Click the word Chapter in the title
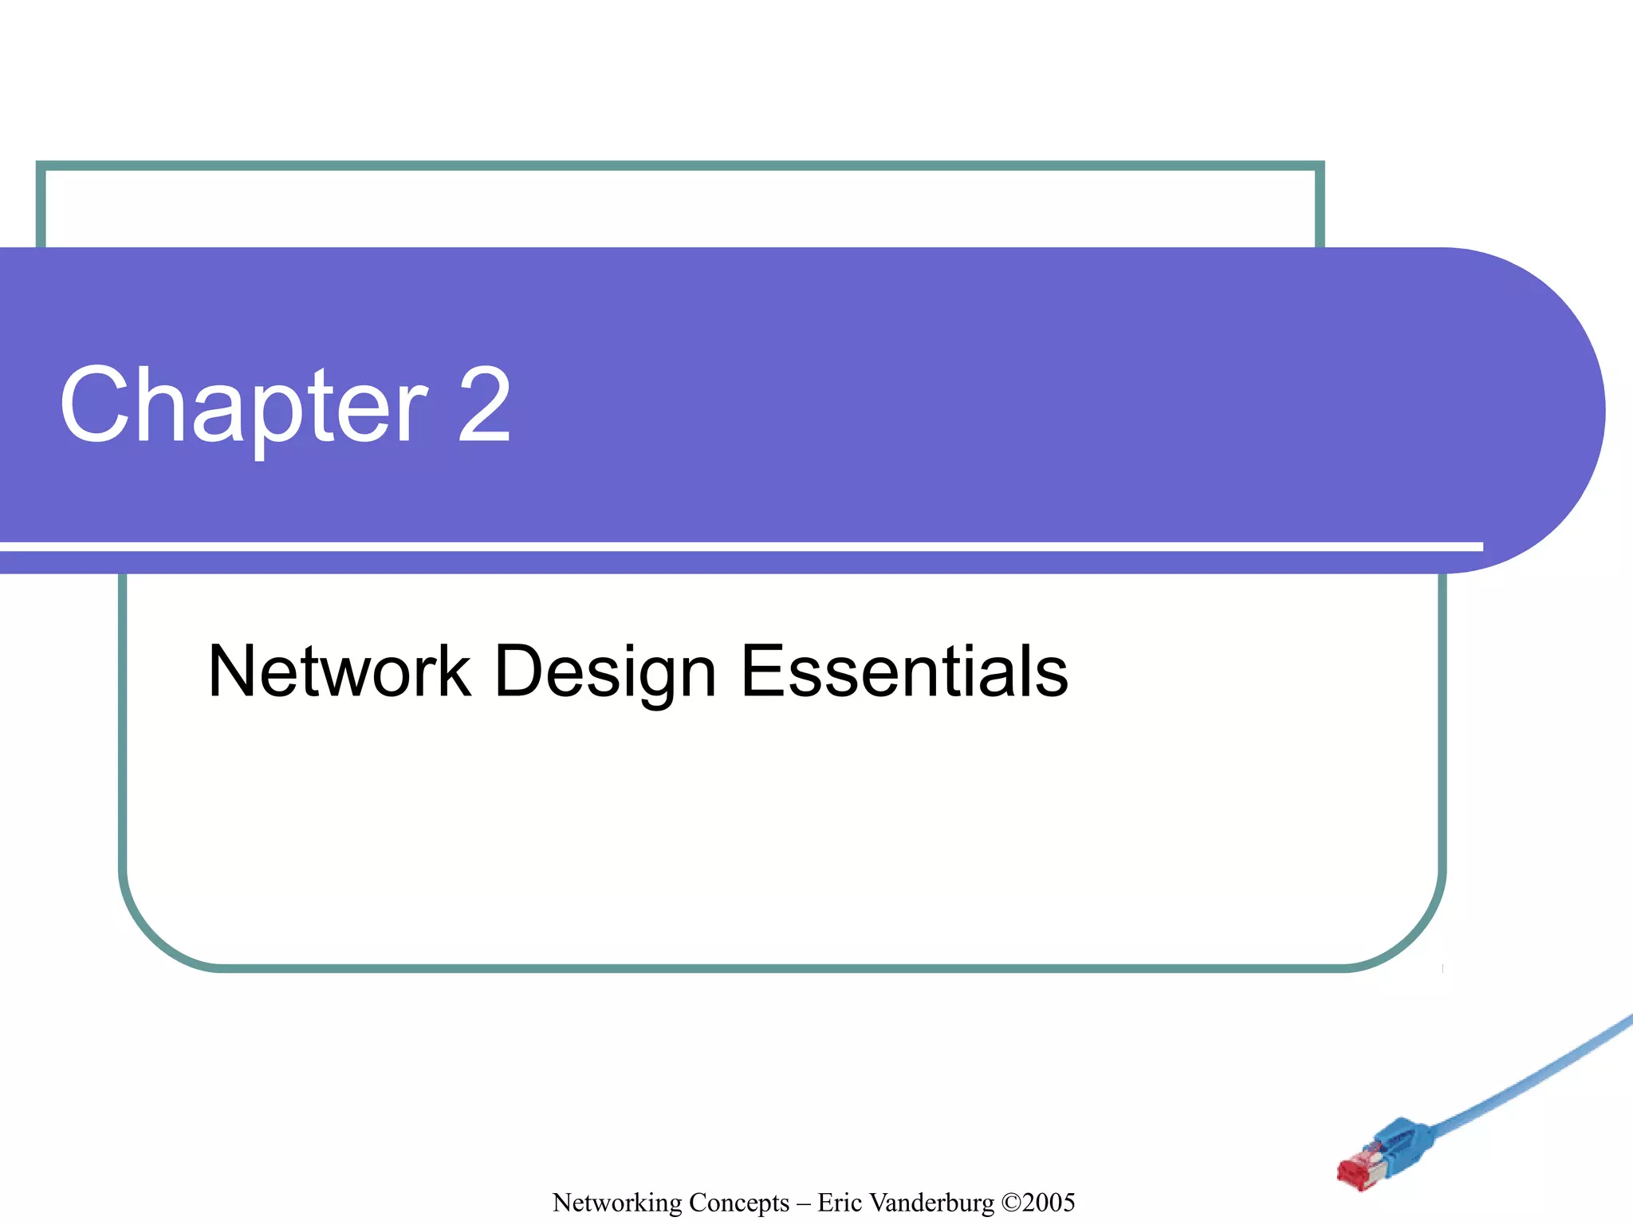coord(243,407)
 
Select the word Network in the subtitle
coord(339,672)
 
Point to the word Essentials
coord(904,672)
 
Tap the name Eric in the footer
coord(840,1203)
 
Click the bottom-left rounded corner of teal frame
coord(151,933)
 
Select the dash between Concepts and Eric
coord(804,1203)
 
